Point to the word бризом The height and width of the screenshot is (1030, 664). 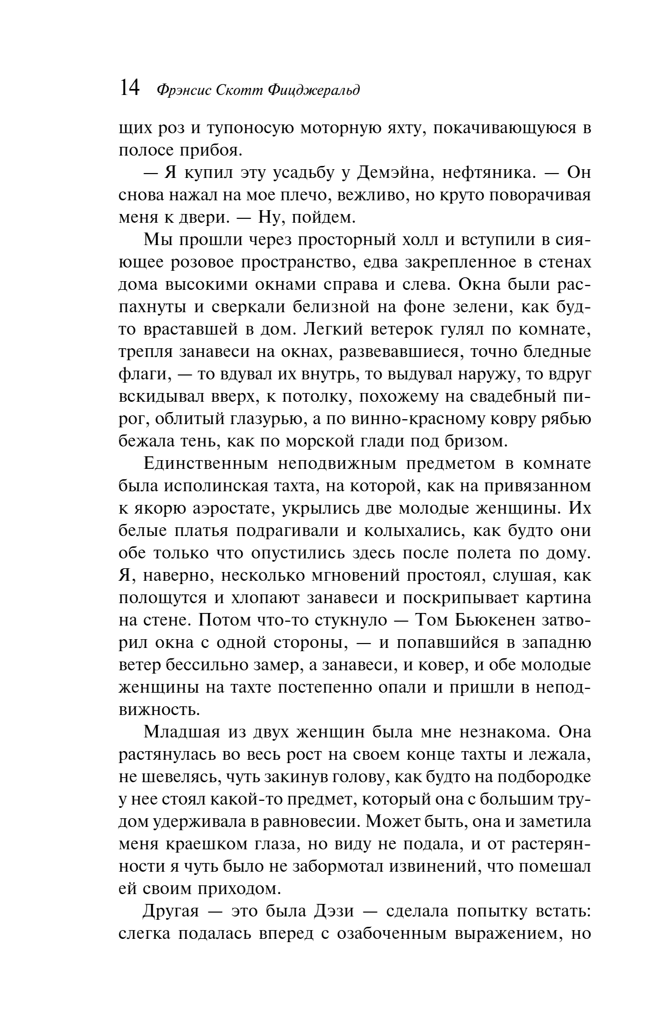(482, 441)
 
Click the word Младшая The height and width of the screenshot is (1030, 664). (188, 731)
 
